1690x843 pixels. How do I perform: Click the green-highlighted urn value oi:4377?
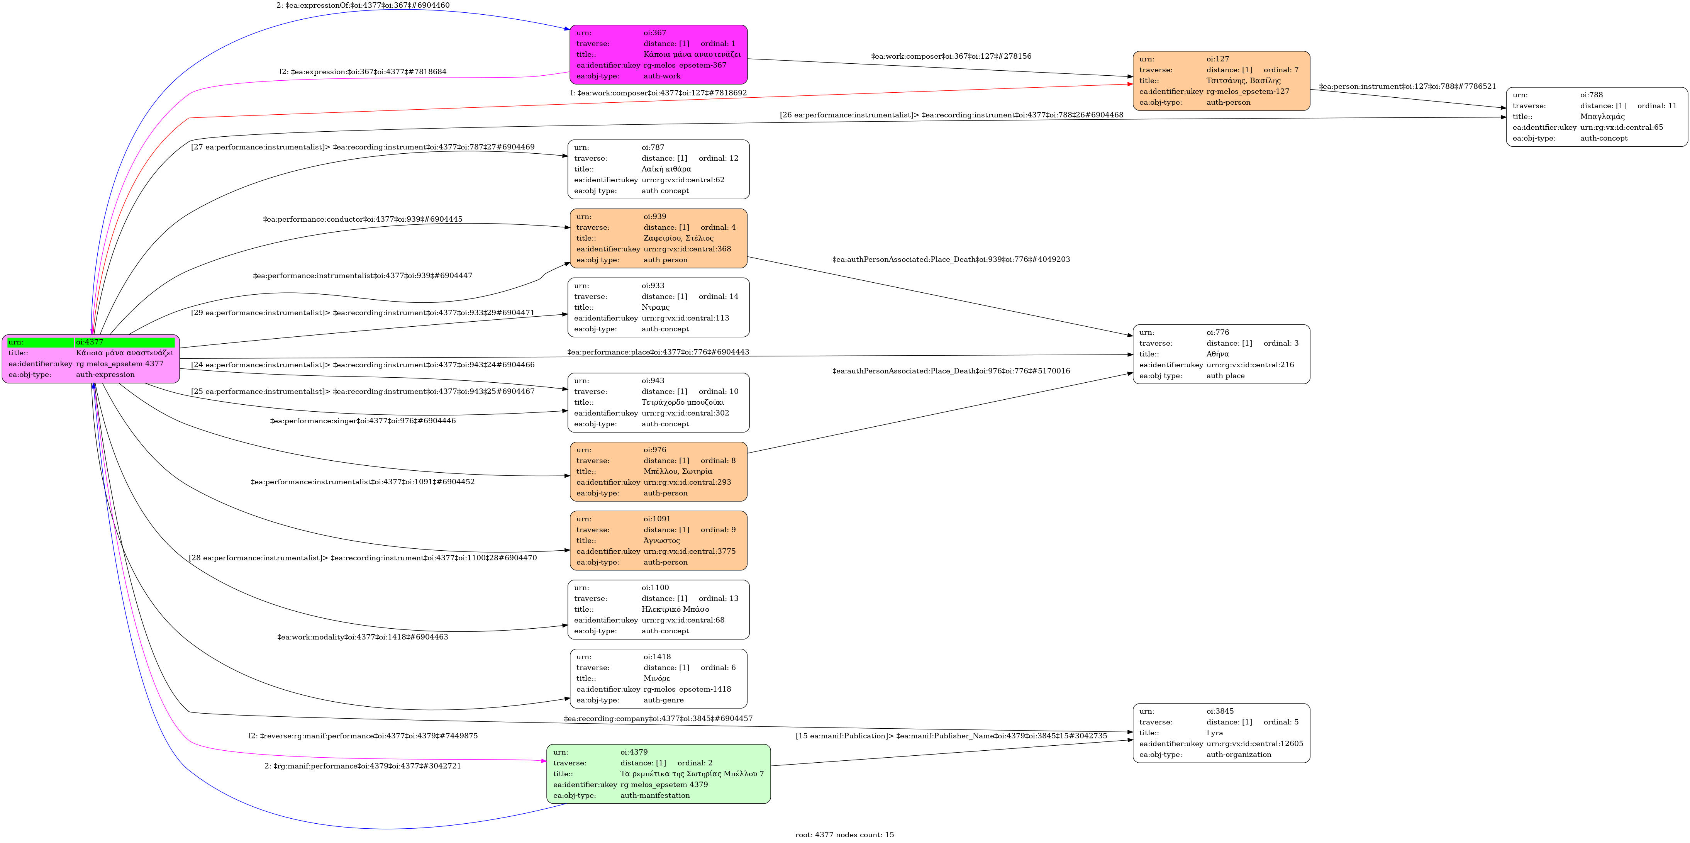coord(124,342)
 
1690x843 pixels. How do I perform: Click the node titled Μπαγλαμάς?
coord(1596,117)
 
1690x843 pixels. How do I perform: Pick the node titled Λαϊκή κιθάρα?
coord(658,169)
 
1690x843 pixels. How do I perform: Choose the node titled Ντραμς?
coord(658,307)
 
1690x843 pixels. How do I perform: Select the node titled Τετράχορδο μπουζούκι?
coord(658,402)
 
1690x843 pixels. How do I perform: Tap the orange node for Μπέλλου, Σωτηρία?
coord(658,471)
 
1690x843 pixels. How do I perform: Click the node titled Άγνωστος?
coord(658,541)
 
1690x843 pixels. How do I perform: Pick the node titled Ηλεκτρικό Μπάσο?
coord(658,609)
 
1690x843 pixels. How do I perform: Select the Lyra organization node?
coord(1221,733)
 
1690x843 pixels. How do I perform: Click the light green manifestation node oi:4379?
coord(658,773)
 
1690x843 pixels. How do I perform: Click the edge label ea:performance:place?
coord(658,352)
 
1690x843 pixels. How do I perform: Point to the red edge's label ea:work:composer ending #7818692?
coord(658,93)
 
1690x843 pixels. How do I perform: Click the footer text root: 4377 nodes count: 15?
coord(844,835)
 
